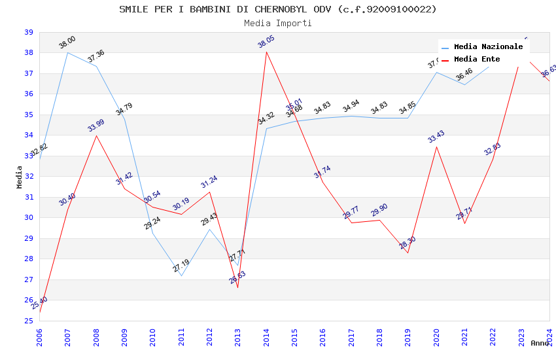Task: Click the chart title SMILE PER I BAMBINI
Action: click(278, 9)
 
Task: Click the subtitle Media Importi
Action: click(278, 23)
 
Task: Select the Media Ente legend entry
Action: click(477, 59)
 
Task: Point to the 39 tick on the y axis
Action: click(29, 32)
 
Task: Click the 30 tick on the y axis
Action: click(29, 218)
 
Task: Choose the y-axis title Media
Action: click(20, 177)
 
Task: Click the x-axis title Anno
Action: click(540, 343)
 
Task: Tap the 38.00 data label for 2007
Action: click(67, 43)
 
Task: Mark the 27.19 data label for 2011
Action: click(181, 266)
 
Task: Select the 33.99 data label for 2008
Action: click(96, 126)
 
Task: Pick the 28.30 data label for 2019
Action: click(408, 243)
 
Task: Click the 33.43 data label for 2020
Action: click(436, 137)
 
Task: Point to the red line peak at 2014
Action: click(266, 52)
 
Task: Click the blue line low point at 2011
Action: click(181, 276)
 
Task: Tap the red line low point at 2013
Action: click(237, 287)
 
